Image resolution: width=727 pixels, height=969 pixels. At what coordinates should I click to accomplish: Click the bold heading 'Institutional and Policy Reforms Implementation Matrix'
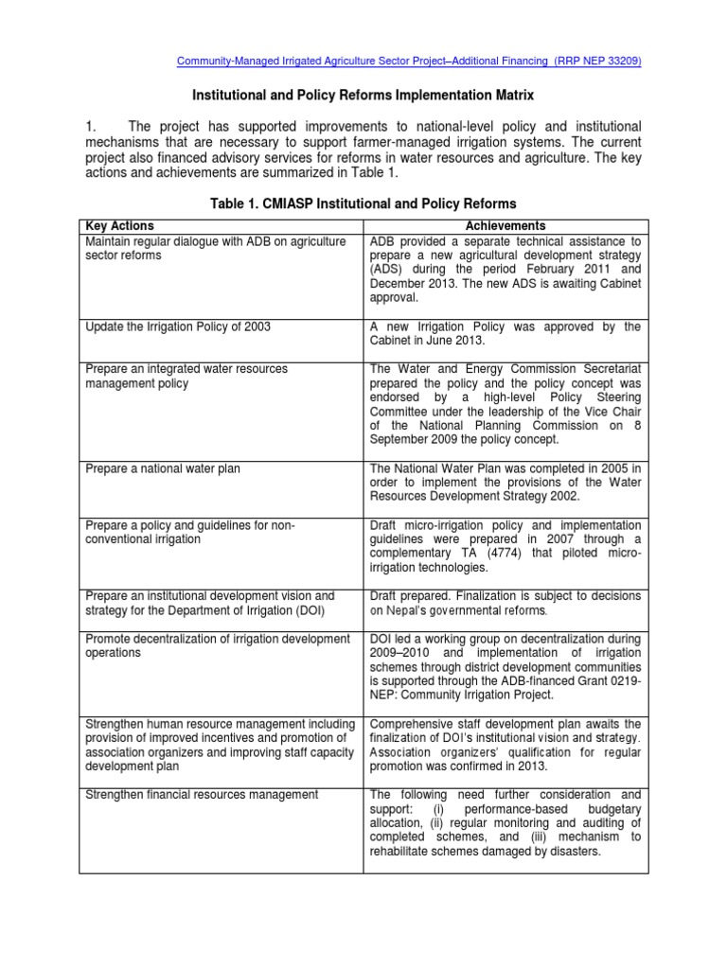pos(363,96)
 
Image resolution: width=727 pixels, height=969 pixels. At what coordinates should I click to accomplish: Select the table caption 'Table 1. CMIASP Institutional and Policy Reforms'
pos(363,203)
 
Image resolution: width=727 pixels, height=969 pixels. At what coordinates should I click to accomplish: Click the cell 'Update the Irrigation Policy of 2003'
pos(178,326)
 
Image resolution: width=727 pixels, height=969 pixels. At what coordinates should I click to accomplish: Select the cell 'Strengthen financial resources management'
pos(202,795)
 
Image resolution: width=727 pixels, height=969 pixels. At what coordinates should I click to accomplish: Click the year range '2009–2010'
pos(401,654)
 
